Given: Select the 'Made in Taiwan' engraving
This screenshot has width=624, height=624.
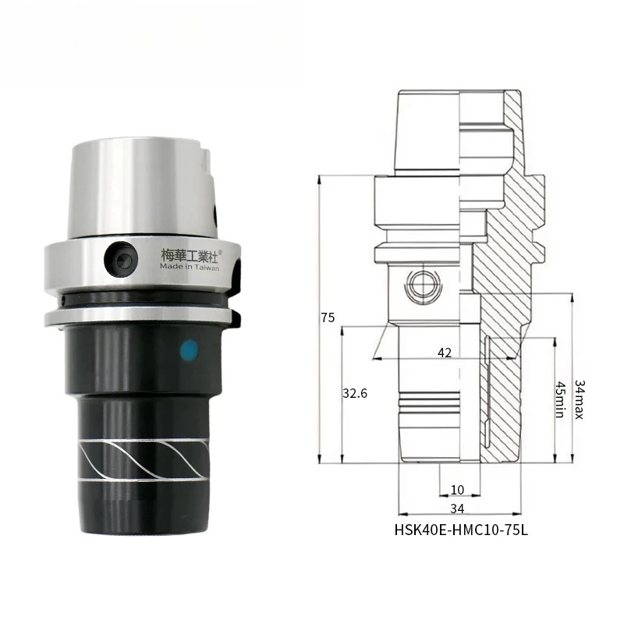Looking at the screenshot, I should (x=190, y=267).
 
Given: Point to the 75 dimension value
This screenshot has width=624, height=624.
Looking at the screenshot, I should (x=328, y=317).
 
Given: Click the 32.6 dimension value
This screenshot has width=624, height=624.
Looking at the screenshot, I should (x=355, y=394).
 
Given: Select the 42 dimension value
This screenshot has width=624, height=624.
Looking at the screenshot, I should (x=445, y=353).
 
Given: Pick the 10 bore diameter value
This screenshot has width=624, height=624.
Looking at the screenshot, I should (x=457, y=490).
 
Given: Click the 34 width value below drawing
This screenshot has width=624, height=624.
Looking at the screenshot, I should (x=457, y=509).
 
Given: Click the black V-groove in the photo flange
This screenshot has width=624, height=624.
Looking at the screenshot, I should (x=140, y=301).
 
